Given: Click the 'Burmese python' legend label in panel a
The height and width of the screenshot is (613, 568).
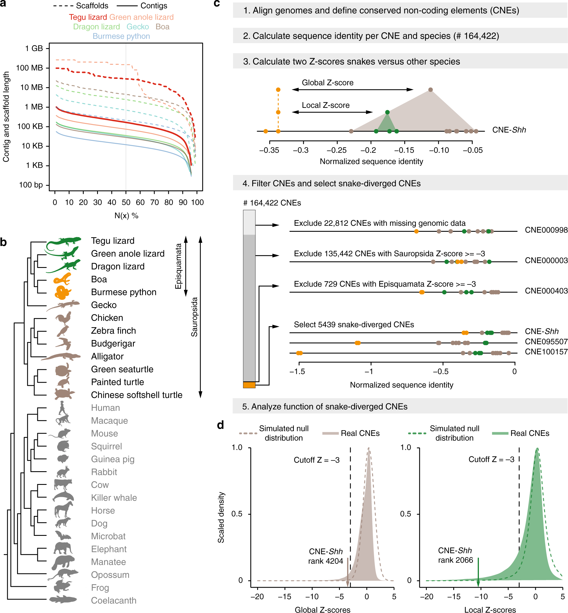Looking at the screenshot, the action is click(121, 36).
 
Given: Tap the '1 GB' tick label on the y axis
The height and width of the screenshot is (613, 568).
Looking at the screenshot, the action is click(34, 48).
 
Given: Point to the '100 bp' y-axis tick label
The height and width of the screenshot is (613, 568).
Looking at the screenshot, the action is click(31, 185).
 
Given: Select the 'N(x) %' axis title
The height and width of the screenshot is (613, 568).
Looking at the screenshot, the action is click(126, 216).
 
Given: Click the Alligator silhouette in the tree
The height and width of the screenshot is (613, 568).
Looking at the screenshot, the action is click(61, 356).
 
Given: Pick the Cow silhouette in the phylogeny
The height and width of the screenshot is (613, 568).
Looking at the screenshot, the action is click(63, 484).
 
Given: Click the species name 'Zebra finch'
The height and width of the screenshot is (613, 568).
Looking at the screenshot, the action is click(113, 331).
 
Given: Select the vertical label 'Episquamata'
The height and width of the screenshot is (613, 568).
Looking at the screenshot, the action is click(178, 266).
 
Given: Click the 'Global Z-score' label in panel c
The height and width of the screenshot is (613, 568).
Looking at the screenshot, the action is click(328, 83).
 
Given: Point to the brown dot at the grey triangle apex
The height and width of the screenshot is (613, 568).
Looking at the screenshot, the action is click(430, 90).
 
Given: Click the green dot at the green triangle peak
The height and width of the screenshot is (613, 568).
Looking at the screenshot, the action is click(387, 112).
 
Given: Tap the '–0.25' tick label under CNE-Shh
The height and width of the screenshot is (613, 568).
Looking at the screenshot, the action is click(337, 150).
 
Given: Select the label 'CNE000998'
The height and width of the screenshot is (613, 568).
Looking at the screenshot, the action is click(546, 230).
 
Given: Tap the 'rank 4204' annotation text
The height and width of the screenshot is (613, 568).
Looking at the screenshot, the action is click(325, 561).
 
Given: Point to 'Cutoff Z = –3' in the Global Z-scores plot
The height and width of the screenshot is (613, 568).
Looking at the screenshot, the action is click(317, 460).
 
